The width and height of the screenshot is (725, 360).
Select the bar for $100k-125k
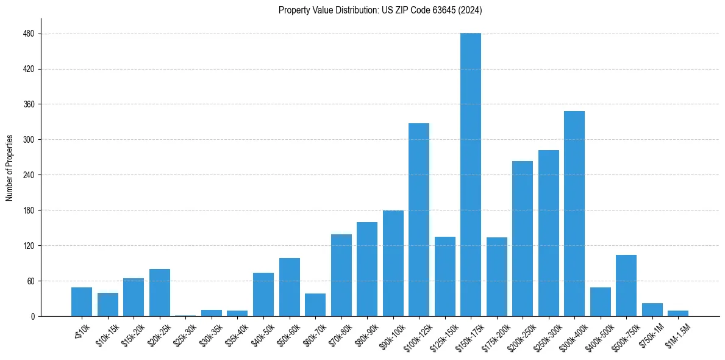pos(418,220)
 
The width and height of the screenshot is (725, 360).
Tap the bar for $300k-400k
pos(574,214)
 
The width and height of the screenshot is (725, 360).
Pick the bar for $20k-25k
pos(159,293)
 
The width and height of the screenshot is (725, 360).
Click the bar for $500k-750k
pos(626,286)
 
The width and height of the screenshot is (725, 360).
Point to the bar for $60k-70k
pos(315,305)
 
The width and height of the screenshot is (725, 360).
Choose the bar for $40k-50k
pos(263,295)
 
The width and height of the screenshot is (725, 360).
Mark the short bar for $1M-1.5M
pos(677,314)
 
